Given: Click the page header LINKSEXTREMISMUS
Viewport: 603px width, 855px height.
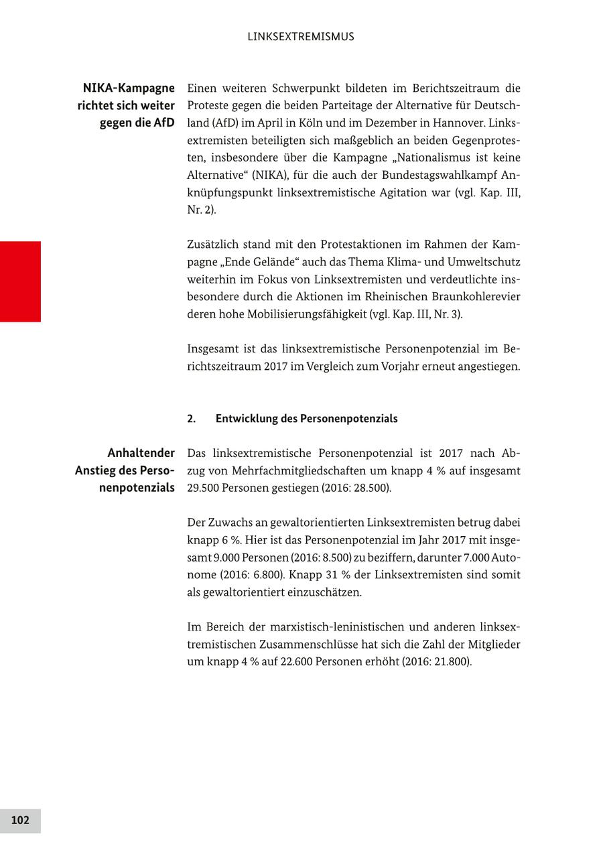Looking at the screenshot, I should click(300, 37).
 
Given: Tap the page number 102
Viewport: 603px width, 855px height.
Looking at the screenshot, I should click(20, 820).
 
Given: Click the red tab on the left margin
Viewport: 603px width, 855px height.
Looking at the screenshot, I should click(20, 281).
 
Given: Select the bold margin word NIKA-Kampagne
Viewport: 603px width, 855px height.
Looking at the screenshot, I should click(129, 88).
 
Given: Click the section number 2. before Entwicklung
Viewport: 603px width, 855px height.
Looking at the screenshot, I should click(192, 419).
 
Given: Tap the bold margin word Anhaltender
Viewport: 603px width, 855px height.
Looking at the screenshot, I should click(141, 453).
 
